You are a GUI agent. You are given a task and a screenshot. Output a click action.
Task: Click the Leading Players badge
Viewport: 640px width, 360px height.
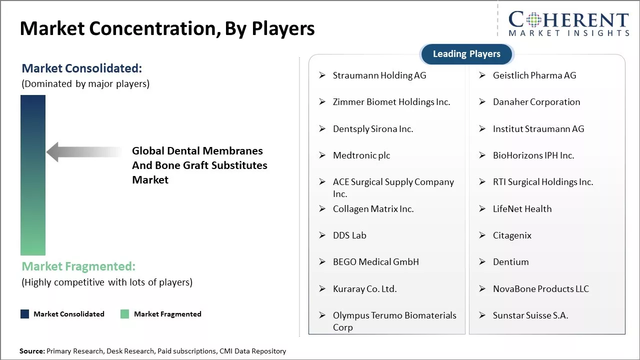466,54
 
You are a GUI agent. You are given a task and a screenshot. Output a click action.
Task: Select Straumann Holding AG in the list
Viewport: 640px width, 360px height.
379,75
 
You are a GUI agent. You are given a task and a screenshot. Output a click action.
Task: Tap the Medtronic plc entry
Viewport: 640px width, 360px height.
361,155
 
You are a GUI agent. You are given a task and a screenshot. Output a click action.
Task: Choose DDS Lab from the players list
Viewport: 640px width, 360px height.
349,235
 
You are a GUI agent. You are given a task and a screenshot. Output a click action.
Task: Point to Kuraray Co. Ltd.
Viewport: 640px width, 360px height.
364,289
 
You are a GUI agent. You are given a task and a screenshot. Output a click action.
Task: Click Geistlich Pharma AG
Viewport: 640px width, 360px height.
534,75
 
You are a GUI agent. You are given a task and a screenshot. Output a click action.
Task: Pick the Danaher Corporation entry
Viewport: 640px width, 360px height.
536,102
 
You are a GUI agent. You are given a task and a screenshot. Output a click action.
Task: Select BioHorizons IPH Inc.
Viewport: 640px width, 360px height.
533,155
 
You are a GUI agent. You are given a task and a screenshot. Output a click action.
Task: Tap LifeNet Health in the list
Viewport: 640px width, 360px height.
522,209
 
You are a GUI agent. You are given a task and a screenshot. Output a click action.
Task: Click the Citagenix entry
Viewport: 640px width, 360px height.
512,235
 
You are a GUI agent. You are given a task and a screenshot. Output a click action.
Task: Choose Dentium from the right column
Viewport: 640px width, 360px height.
510,262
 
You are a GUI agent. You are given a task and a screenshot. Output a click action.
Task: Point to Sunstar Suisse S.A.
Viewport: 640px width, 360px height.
530,315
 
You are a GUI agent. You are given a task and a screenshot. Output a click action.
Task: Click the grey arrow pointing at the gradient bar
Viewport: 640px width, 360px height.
82,152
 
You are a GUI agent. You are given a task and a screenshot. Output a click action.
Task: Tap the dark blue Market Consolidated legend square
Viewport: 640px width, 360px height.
25,314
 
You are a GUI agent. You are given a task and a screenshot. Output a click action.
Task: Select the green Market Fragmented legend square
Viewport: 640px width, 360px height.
125,314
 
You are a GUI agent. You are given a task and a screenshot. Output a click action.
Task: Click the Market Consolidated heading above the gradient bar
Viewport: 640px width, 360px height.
82,68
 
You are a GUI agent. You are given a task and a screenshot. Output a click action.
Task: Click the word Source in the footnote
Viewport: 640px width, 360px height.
32,351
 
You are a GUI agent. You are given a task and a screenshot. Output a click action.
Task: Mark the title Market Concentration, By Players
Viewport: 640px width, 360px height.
167,28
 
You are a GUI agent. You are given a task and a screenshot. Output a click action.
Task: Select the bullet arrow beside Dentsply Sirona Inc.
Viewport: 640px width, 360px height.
322,129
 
